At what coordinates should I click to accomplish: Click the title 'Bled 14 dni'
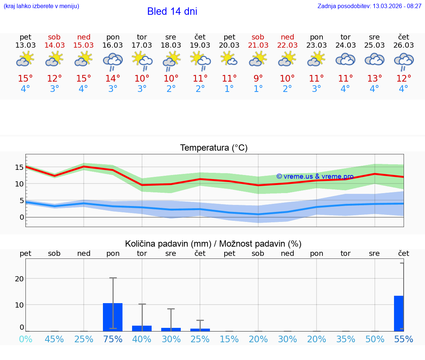coord(172,11)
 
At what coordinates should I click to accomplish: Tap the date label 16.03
coord(113,45)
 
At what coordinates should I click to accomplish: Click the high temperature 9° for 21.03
coord(258,79)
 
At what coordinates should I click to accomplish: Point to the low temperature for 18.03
coord(171,89)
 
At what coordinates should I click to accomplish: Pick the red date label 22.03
coord(287,45)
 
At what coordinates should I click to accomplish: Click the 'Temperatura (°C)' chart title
coord(214,148)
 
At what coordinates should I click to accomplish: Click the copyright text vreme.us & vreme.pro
coord(315,176)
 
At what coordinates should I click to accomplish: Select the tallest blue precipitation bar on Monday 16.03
coord(113,317)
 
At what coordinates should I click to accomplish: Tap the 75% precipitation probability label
coord(113,339)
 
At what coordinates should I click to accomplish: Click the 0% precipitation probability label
coord(25,339)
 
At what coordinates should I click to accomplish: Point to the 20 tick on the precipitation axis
coord(19,279)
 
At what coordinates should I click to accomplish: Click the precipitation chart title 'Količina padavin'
coord(213,244)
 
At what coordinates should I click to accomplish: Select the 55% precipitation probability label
coord(404,339)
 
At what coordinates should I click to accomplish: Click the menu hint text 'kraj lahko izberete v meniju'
coord(41,6)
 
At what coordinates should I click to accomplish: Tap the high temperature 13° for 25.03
coord(374,79)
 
